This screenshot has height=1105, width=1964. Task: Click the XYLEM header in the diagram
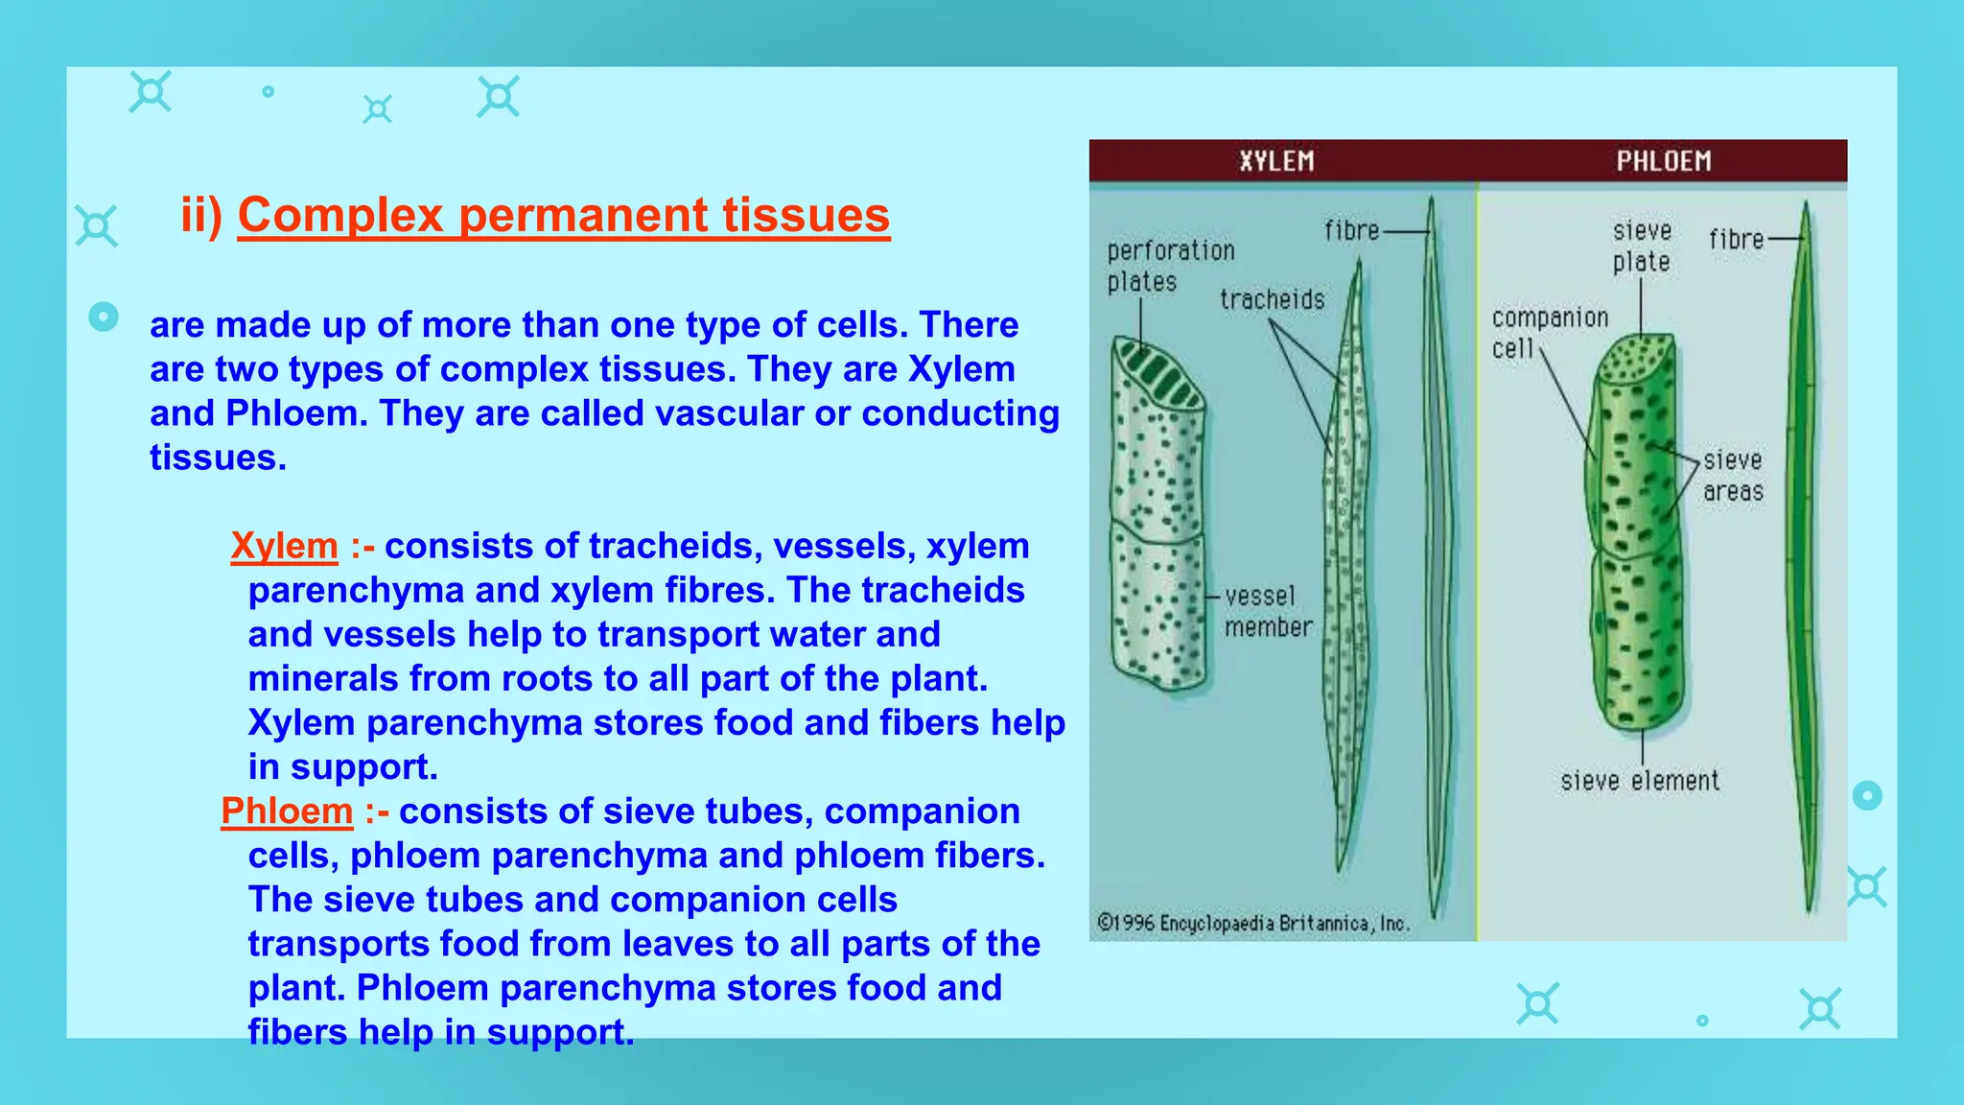pos(1276,161)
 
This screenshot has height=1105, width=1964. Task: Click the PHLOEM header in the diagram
pos(1664,161)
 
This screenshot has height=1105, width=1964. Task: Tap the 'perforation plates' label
pos(1170,266)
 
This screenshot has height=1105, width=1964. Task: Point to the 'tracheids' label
pos(1272,300)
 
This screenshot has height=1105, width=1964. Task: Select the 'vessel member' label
pos(1267,611)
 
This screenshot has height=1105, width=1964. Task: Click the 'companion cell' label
pos(1548,332)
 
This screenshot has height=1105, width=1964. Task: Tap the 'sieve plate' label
pos(1642,247)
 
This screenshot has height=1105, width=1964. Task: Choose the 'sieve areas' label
pos(1733,476)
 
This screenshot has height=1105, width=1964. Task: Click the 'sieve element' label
pos(1640,781)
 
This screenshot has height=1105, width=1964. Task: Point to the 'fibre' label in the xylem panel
pos(1351,231)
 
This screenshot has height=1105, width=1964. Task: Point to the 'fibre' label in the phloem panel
pos(1736,239)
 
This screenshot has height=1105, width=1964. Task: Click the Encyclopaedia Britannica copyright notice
pos(1252,923)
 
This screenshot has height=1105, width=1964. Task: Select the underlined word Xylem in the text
pos(284,546)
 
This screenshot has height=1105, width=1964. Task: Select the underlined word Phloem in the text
pos(287,811)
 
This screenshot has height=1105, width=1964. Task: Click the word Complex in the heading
pos(340,215)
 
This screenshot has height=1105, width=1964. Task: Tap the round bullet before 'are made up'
pos(104,317)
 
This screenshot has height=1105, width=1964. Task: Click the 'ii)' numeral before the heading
pos(201,215)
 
